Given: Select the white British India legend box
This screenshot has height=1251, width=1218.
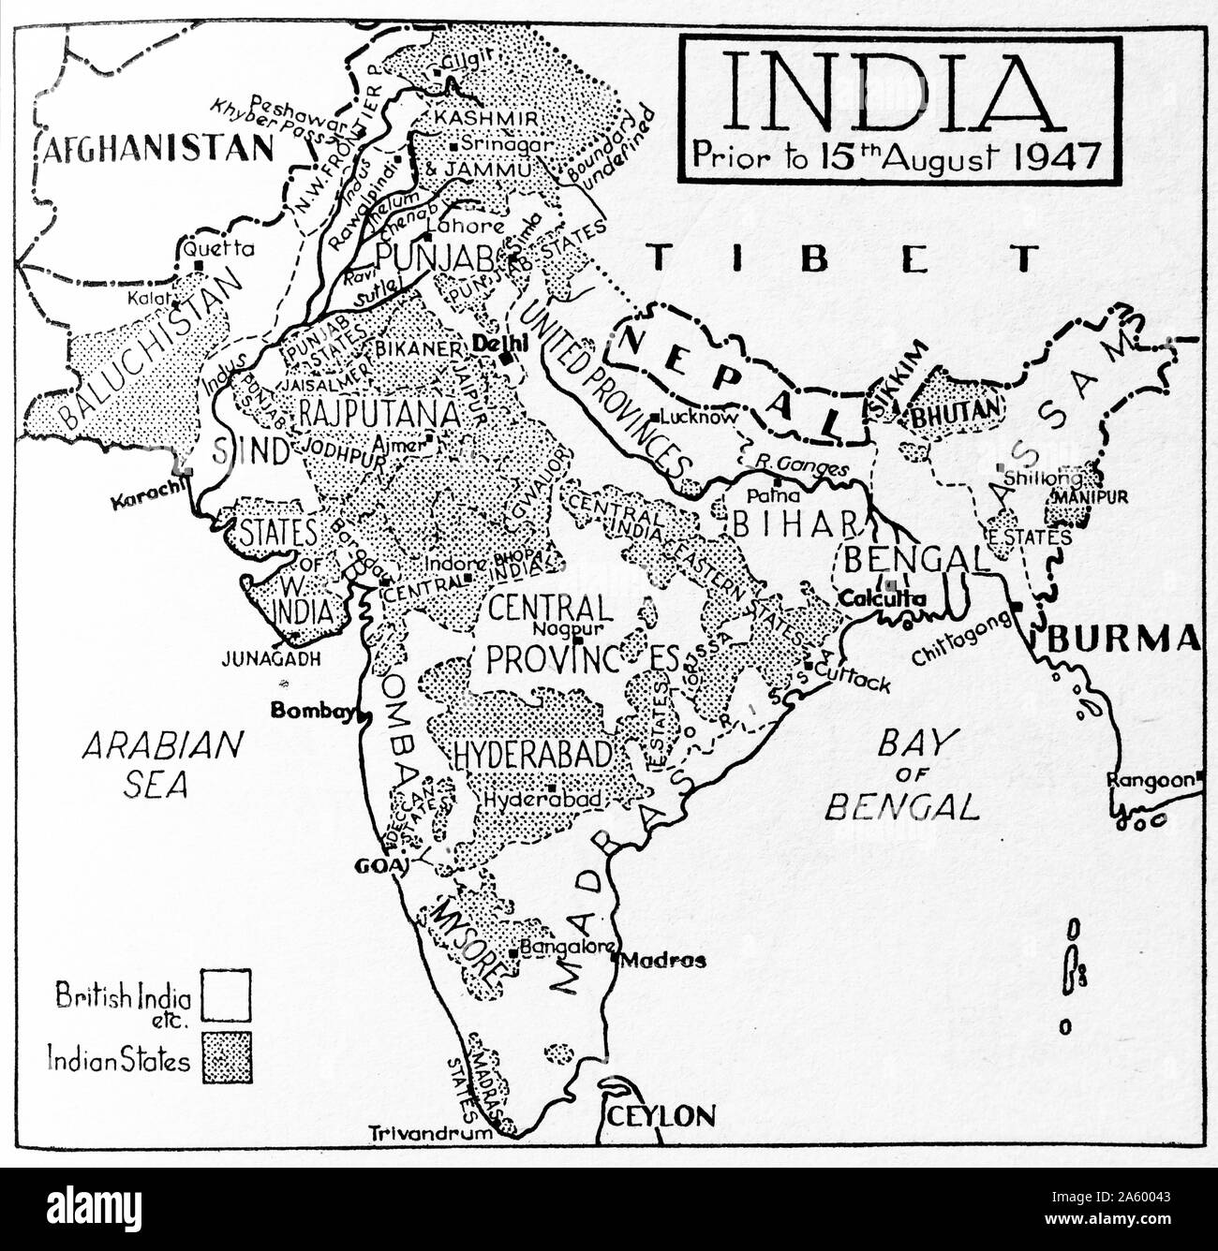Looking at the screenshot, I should click(x=228, y=994).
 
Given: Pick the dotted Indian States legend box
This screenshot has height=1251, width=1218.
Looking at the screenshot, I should click(x=228, y=1058).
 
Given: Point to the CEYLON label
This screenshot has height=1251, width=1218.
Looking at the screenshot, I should click(x=661, y=1115).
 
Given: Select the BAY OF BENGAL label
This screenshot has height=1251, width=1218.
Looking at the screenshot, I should click(x=901, y=773).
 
